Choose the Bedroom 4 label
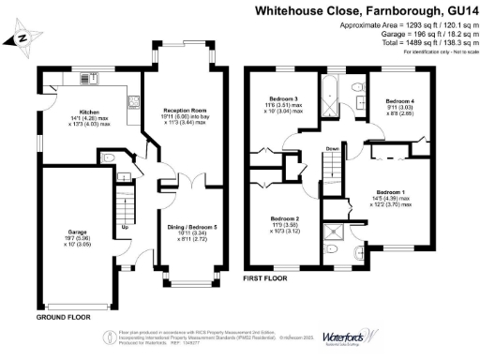[399, 100]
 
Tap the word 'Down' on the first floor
[332, 149]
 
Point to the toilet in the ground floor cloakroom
[110, 157]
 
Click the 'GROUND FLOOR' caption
[63, 318]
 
